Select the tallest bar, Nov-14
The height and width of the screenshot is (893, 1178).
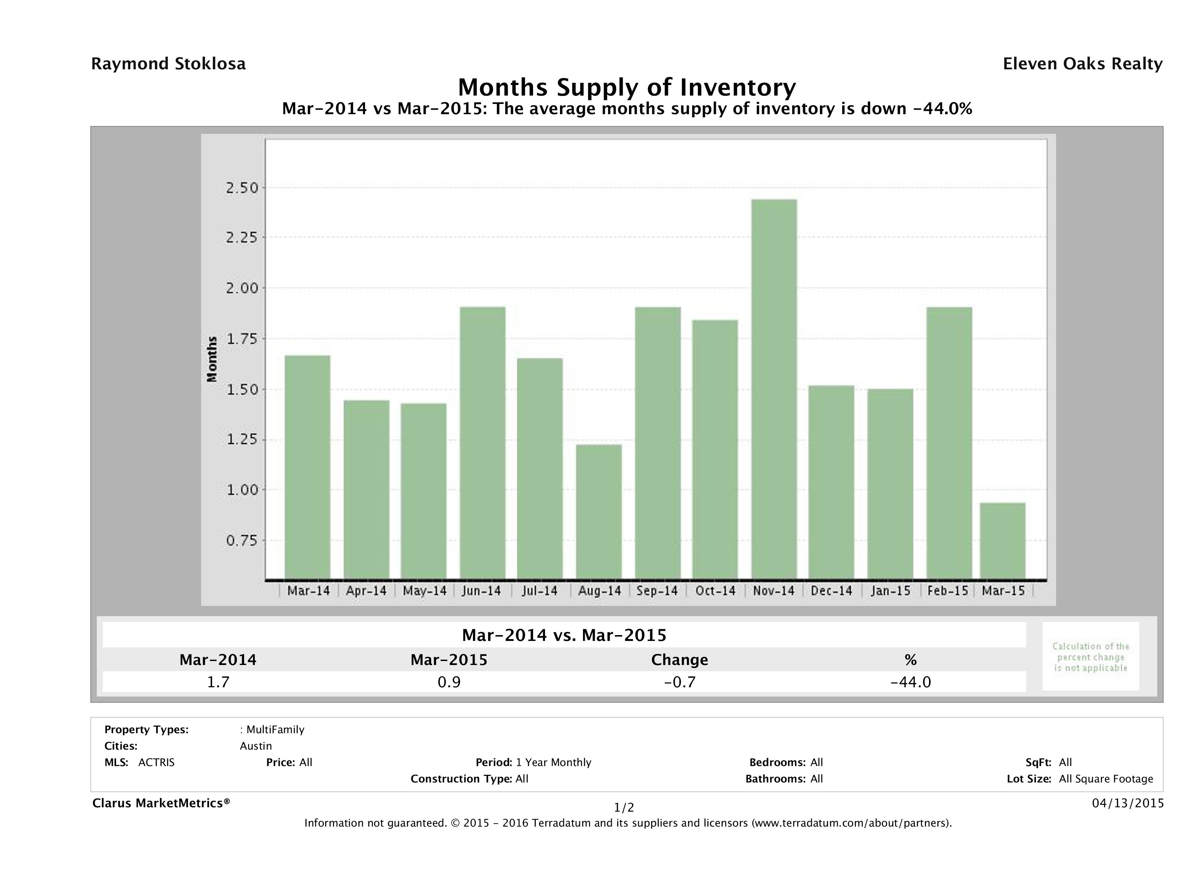pos(774,389)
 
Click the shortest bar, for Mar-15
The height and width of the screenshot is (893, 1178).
pos(1003,541)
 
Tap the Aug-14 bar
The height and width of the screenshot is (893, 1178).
pos(599,511)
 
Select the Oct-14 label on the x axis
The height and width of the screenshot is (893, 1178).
pos(715,591)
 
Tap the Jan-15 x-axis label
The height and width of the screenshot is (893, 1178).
pos(890,591)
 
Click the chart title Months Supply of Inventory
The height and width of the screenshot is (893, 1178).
pos(627,87)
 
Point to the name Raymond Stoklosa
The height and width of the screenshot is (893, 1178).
pos(168,64)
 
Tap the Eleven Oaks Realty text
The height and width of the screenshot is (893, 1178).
pos(1082,64)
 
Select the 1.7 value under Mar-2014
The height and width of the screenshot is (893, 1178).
pos(218,682)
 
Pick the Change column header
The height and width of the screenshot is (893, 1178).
pos(680,660)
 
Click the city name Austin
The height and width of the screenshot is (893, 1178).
pos(256,746)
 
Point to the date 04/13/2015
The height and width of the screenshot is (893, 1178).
pos(1127,803)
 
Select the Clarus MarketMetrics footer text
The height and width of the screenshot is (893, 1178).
pos(161,803)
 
